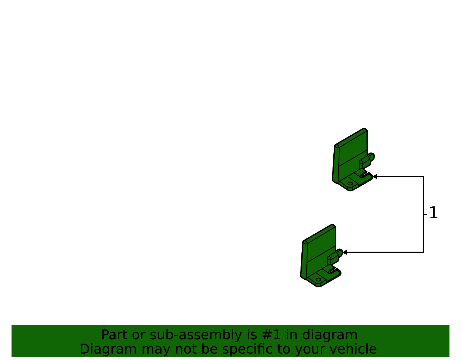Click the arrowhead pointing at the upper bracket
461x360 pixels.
tap(375, 176)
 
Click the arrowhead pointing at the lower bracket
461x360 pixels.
tap(345, 252)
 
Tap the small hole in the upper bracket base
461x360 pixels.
tap(350, 184)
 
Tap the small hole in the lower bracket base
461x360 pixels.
tap(318, 280)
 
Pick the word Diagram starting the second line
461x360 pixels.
tap(108, 349)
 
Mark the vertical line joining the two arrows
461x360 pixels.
tap(424, 214)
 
